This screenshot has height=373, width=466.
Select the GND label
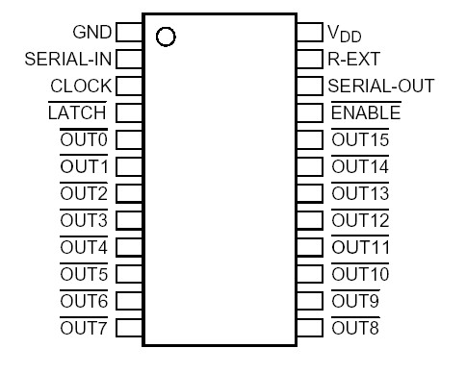click(x=92, y=32)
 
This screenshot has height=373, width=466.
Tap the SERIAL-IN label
click(x=68, y=59)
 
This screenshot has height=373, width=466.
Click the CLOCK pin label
click(x=82, y=86)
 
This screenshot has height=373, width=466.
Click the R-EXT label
click(x=353, y=59)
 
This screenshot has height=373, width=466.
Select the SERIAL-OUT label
click(x=381, y=86)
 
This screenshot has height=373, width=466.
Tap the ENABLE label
click(x=365, y=112)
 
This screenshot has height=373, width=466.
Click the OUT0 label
click(x=85, y=140)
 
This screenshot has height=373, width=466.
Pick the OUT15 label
click(x=360, y=140)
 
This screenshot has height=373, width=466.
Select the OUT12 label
click(x=360, y=221)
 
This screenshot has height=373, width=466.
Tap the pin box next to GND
click(x=129, y=32)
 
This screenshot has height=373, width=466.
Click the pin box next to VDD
click(x=310, y=32)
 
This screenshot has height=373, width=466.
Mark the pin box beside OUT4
click(x=129, y=248)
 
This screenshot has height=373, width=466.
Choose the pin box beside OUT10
click(x=310, y=275)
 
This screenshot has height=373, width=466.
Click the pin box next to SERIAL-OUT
click(x=310, y=86)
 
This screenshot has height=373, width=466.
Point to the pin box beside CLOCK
click(x=129, y=86)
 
